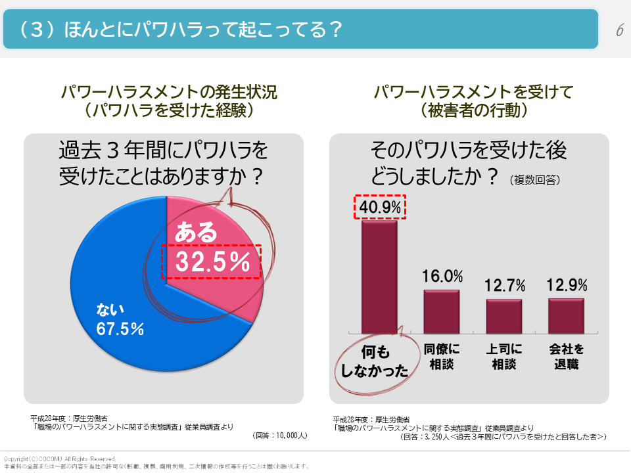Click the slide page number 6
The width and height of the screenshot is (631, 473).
[x=619, y=30]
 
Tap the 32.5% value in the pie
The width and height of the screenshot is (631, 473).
[x=212, y=261]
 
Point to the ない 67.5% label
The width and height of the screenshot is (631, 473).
[x=120, y=319]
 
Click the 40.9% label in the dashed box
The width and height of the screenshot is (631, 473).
[x=380, y=207]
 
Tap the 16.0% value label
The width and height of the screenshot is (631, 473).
[x=442, y=277]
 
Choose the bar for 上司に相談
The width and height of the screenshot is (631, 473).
[x=504, y=316]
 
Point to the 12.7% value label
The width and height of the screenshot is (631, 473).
[x=505, y=286]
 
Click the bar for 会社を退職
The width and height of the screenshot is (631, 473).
[x=566, y=316]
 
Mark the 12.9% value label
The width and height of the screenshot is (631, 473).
[x=567, y=285]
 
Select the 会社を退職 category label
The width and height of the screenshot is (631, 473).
[x=566, y=356]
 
